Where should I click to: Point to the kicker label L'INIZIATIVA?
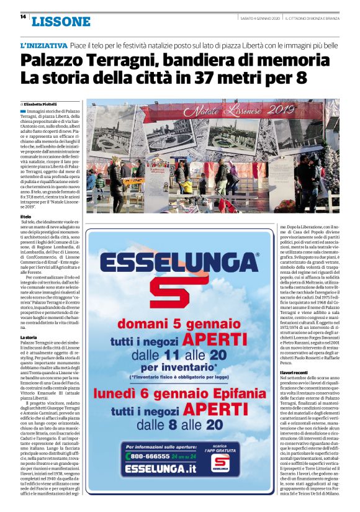click(44, 46)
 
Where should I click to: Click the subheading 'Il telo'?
click(26, 217)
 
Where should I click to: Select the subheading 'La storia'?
click(29, 336)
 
